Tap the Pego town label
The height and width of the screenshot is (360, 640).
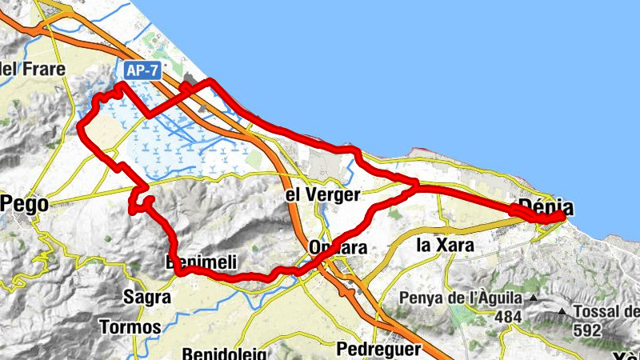point(26,204)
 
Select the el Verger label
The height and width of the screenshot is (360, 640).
point(323,194)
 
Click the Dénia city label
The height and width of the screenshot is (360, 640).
point(546,206)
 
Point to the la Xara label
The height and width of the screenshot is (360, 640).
point(446,244)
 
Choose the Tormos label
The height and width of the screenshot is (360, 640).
point(130,326)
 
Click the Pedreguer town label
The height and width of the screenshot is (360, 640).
point(378,349)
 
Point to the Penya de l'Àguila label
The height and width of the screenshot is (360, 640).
point(462,298)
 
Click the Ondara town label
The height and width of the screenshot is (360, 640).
point(338,248)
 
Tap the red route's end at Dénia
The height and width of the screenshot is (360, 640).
point(565,211)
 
